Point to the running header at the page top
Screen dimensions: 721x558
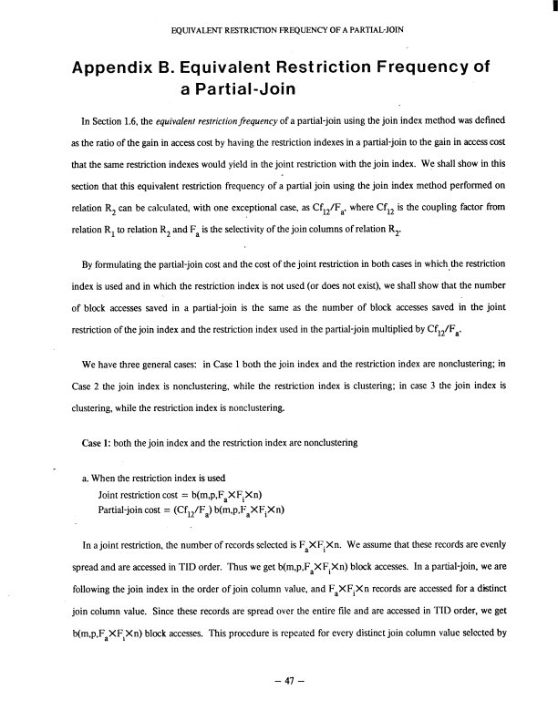(x=288, y=30)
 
